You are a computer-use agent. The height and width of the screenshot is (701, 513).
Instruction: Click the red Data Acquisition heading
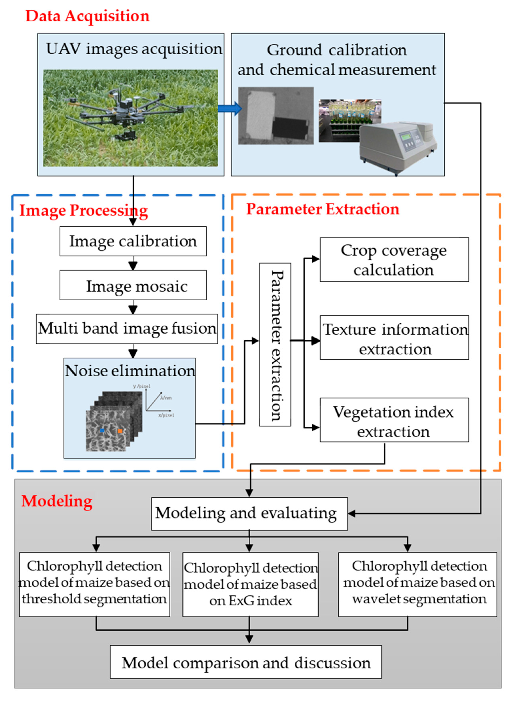pyautogui.click(x=87, y=16)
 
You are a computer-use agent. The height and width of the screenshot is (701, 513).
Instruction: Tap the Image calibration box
pyautogui.click(x=133, y=241)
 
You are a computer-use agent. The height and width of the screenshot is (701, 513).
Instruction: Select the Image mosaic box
pyautogui.click(x=133, y=285)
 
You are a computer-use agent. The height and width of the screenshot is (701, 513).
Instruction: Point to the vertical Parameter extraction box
pyautogui.click(x=275, y=344)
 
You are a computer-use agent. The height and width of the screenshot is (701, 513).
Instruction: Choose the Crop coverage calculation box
pyautogui.click(x=394, y=260)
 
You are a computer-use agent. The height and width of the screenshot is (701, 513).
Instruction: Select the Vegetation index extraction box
pyautogui.click(x=394, y=420)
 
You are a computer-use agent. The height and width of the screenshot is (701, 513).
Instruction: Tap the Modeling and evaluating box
pyautogui.click(x=249, y=513)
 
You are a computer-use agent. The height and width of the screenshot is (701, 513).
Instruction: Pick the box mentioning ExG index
pyautogui.click(x=250, y=584)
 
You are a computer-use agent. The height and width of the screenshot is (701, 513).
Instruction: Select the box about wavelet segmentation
pyautogui.click(x=417, y=584)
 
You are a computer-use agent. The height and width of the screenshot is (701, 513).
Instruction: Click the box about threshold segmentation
pyautogui.click(x=94, y=584)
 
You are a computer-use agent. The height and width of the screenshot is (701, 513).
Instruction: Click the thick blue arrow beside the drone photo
pyautogui.click(x=230, y=108)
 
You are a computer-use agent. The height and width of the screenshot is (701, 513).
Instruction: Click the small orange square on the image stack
pyautogui.click(x=120, y=431)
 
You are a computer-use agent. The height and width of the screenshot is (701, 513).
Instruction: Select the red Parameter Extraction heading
pyautogui.click(x=322, y=209)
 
